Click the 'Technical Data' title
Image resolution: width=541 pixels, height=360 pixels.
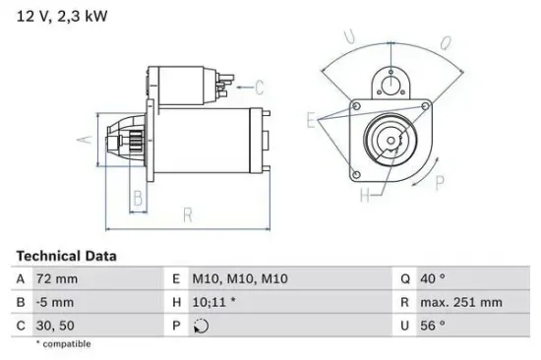coord(66,256)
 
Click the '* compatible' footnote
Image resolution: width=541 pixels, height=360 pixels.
coord(63,344)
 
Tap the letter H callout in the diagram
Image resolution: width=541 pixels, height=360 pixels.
coord(366,195)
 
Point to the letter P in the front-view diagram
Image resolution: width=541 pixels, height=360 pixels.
coord(440,181)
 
